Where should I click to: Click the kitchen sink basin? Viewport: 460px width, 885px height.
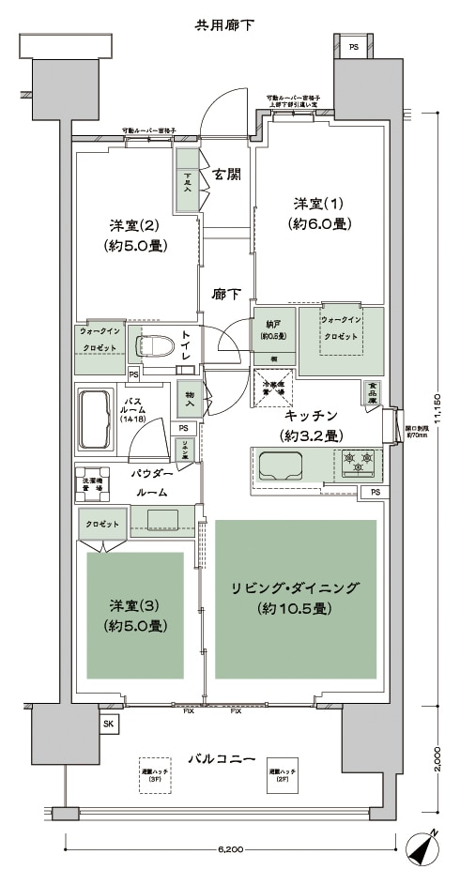point(281,464)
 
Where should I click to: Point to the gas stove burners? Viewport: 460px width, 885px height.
point(360,461)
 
